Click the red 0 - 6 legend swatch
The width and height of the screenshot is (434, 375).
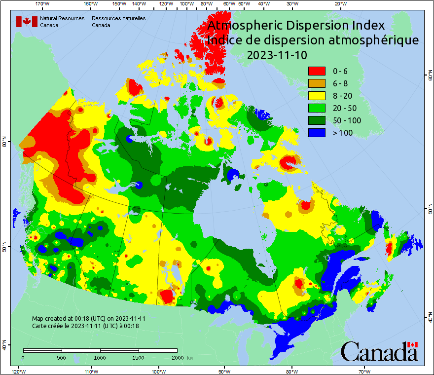(x=317, y=71)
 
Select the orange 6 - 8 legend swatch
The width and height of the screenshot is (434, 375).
(x=317, y=83)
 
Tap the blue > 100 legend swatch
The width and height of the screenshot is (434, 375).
(x=317, y=133)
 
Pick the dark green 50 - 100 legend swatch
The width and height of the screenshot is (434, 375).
(x=317, y=120)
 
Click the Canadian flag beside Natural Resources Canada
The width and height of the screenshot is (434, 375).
(x=27, y=21)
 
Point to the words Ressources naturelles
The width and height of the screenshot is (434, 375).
(x=118, y=18)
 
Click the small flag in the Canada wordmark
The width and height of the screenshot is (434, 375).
(x=413, y=344)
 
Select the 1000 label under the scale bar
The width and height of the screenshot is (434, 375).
(x=100, y=357)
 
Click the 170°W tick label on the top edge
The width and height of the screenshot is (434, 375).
(x=43, y=4)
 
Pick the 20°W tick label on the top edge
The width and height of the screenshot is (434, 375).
(x=339, y=4)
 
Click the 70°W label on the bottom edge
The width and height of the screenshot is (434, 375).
(x=364, y=371)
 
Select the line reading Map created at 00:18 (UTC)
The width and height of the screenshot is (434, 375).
(x=89, y=319)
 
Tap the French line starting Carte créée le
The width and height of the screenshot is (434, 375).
(x=85, y=326)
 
